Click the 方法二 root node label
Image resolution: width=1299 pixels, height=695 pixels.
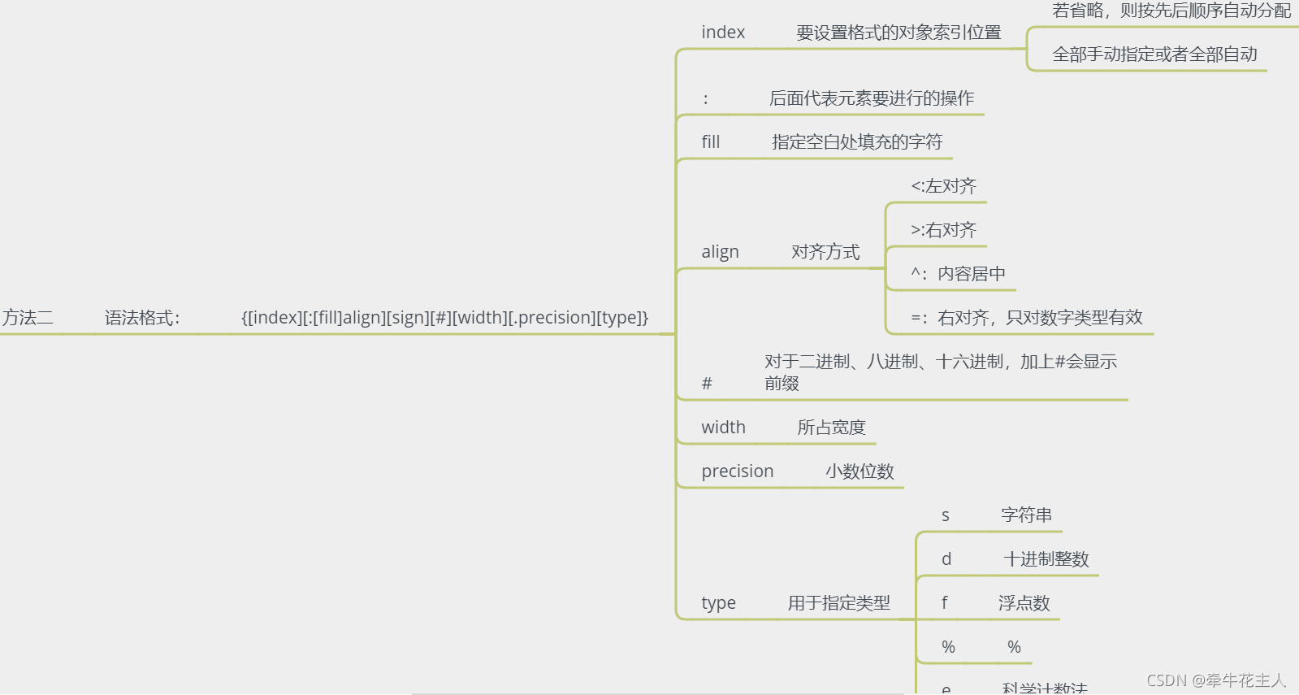(x=28, y=318)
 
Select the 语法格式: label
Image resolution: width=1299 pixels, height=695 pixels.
(x=142, y=318)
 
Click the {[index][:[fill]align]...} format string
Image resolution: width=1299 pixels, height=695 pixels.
(x=444, y=318)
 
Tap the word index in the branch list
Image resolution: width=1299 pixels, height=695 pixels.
(x=723, y=33)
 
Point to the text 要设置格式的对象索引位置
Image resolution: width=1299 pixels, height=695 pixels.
(x=898, y=33)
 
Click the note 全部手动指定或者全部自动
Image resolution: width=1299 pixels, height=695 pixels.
(x=1154, y=54)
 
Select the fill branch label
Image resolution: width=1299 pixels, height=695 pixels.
(x=711, y=142)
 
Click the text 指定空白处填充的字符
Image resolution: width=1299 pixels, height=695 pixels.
(x=857, y=142)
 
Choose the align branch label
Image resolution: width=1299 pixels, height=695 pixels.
(x=720, y=252)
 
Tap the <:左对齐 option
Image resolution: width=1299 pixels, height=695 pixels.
(x=943, y=186)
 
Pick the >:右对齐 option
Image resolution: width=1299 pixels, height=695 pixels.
(x=943, y=230)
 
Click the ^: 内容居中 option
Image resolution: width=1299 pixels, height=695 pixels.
(x=958, y=274)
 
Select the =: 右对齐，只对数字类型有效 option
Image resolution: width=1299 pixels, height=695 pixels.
(x=1026, y=318)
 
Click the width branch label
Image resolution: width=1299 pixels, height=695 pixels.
(x=723, y=428)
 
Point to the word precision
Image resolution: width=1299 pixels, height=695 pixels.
(x=738, y=471)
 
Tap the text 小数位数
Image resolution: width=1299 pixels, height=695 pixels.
(x=860, y=471)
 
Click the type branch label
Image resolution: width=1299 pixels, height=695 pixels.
(x=718, y=603)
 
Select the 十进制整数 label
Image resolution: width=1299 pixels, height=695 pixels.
(x=1046, y=559)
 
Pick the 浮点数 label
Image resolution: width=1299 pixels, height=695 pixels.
(x=1024, y=603)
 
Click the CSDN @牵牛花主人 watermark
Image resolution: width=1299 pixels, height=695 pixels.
(x=1216, y=680)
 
